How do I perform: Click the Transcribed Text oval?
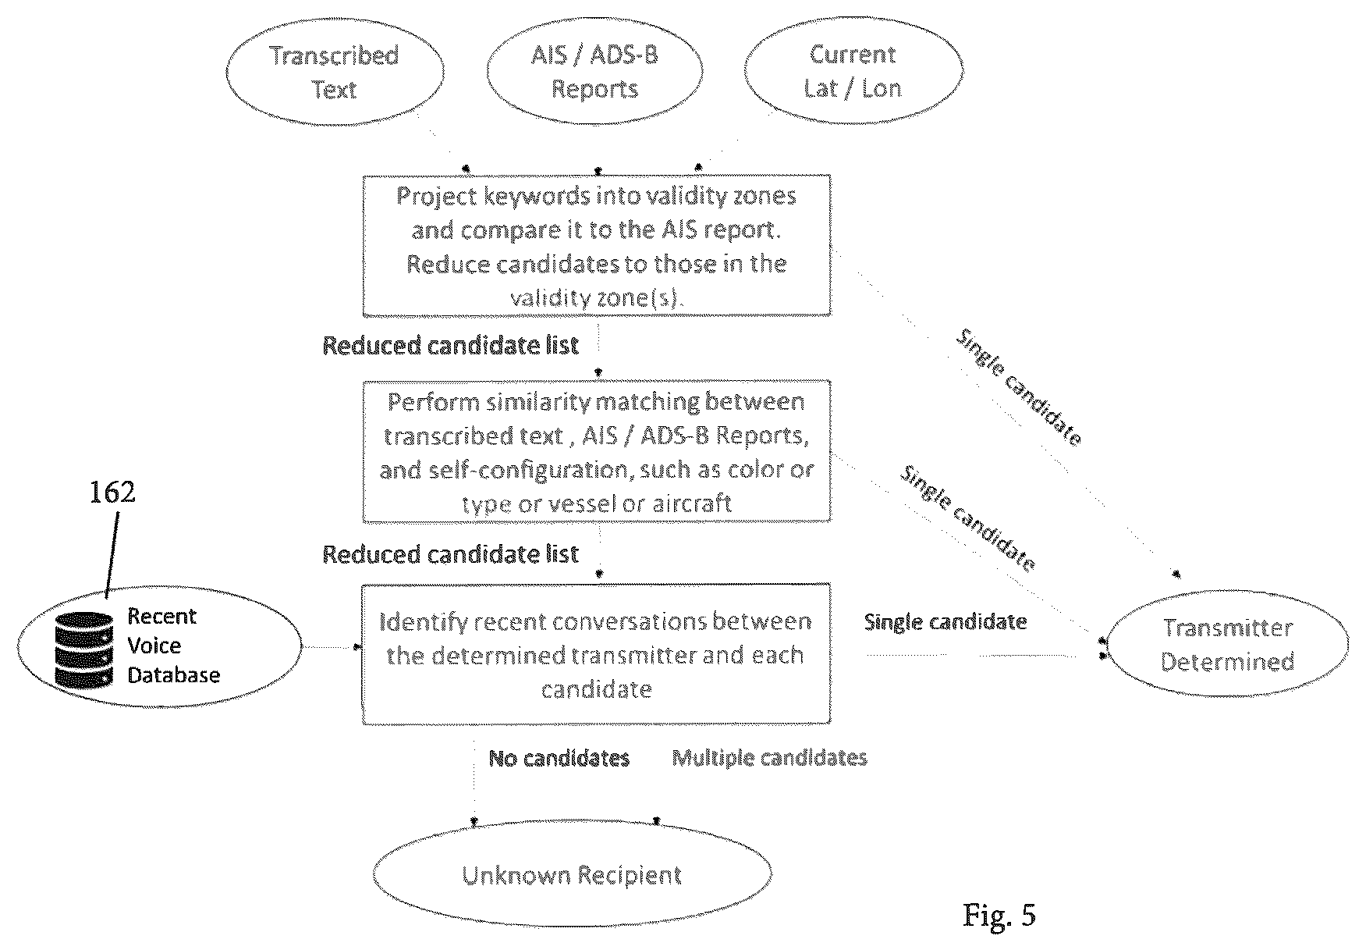335,71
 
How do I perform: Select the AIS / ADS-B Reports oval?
594,71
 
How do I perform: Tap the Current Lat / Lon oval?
853,71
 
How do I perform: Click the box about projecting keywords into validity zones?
597,245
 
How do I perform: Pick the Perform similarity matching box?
597,451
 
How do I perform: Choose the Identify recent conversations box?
597,653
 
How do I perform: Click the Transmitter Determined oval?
1227,645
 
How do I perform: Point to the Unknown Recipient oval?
573,875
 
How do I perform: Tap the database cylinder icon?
84,650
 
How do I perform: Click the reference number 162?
113,492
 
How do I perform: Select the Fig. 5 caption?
999,914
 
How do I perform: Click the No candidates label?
559,758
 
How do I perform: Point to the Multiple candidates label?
770,758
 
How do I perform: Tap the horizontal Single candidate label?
946,622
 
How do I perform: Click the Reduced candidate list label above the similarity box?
451,346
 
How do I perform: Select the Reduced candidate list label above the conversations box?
451,555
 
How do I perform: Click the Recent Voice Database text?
173,646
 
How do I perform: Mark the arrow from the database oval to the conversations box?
332,647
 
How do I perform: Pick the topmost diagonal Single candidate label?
1019,387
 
